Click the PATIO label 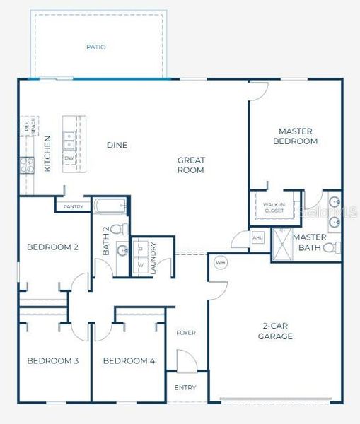tap(96, 47)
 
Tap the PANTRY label tap(73, 206)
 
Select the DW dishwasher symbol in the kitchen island tap(69, 158)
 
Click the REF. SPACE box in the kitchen tap(28, 127)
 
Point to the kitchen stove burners tap(25, 165)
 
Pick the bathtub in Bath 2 tap(110, 206)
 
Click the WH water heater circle tap(219, 264)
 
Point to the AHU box tap(258, 238)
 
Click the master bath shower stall tap(282, 247)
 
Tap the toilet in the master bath tap(330, 247)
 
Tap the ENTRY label tap(187, 388)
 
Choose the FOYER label tap(186, 332)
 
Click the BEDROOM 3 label tap(53, 361)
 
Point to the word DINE tap(117, 146)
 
